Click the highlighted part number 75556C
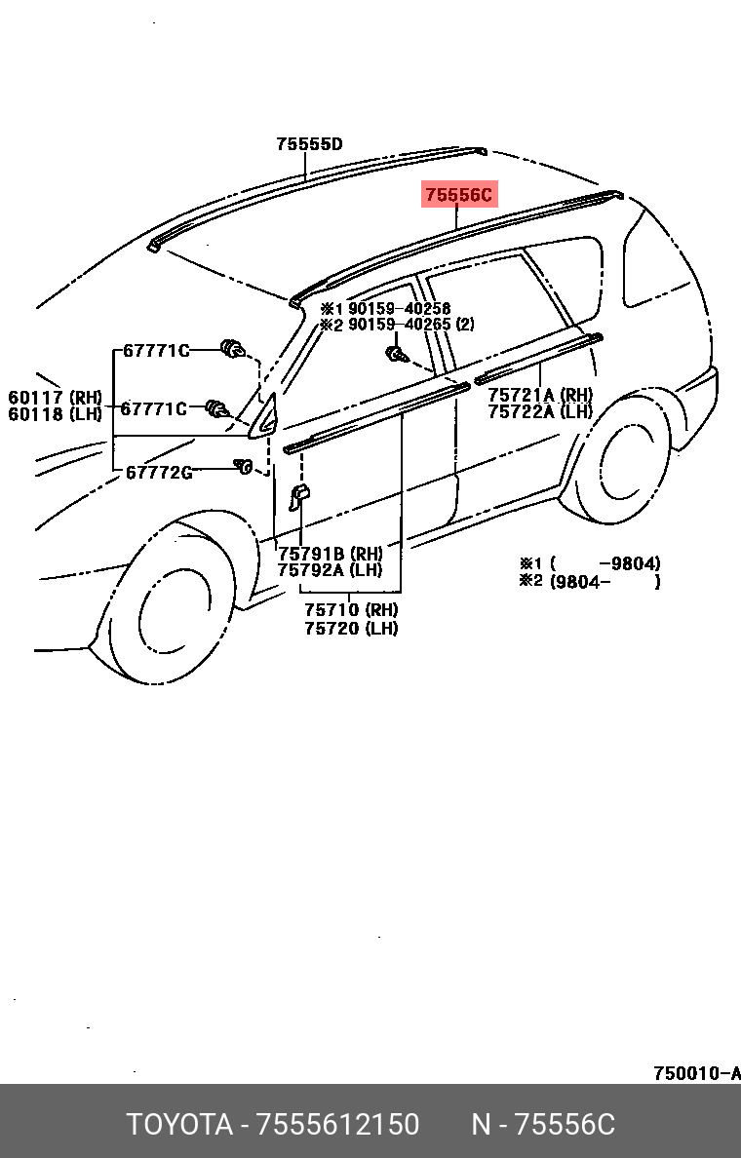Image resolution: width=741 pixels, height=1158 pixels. (x=458, y=195)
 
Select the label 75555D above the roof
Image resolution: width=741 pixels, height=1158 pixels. (x=309, y=144)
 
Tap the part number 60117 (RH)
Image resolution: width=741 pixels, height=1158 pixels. (x=56, y=397)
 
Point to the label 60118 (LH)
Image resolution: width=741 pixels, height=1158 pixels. (x=56, y=414)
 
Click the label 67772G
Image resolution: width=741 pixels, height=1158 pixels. (x=158, y=473)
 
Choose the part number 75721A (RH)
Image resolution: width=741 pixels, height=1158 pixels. (x=540, y=395)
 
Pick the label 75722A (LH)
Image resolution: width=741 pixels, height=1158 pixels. (x=540, y=411)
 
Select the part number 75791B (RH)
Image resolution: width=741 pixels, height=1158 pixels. (x=330, y=554)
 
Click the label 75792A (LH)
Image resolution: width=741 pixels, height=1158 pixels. (x=330, y=570)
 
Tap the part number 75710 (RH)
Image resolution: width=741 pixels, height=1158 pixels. (x=351, y=610)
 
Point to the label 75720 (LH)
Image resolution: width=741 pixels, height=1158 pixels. (x=351, y=629)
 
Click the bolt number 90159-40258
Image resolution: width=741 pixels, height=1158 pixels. (x=399, y=308)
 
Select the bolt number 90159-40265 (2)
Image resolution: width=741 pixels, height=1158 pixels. (x=410, y=325)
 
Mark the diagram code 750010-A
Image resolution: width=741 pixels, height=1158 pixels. (x=696, y=1074)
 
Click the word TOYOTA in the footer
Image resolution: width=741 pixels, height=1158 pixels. (x=178, y=1125)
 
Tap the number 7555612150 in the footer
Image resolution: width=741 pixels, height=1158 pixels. (x=337, y=1125)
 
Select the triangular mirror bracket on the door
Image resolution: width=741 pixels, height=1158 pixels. (x=266, y=415)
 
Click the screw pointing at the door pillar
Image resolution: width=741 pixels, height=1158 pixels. (x=397, y=353)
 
